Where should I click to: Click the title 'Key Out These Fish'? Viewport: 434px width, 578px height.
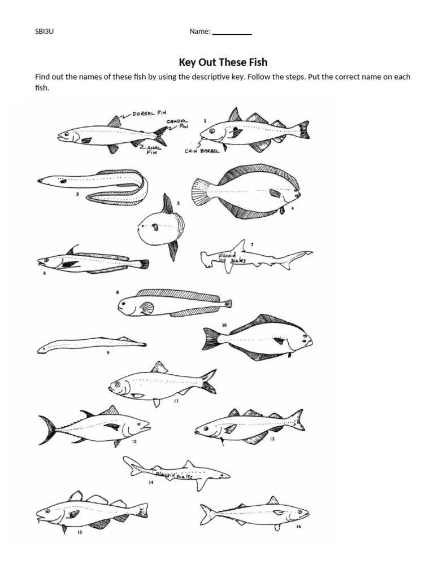223,62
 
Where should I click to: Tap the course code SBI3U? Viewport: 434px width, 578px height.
45,32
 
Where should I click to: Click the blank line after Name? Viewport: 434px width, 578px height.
232,33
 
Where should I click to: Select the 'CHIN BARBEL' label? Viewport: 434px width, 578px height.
202,151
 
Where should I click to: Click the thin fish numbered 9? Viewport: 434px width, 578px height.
90,344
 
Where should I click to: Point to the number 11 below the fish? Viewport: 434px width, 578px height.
176,401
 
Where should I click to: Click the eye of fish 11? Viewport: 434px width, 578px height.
118,386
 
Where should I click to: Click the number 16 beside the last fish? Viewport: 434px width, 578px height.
298,527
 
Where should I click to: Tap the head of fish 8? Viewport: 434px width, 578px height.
127,306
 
